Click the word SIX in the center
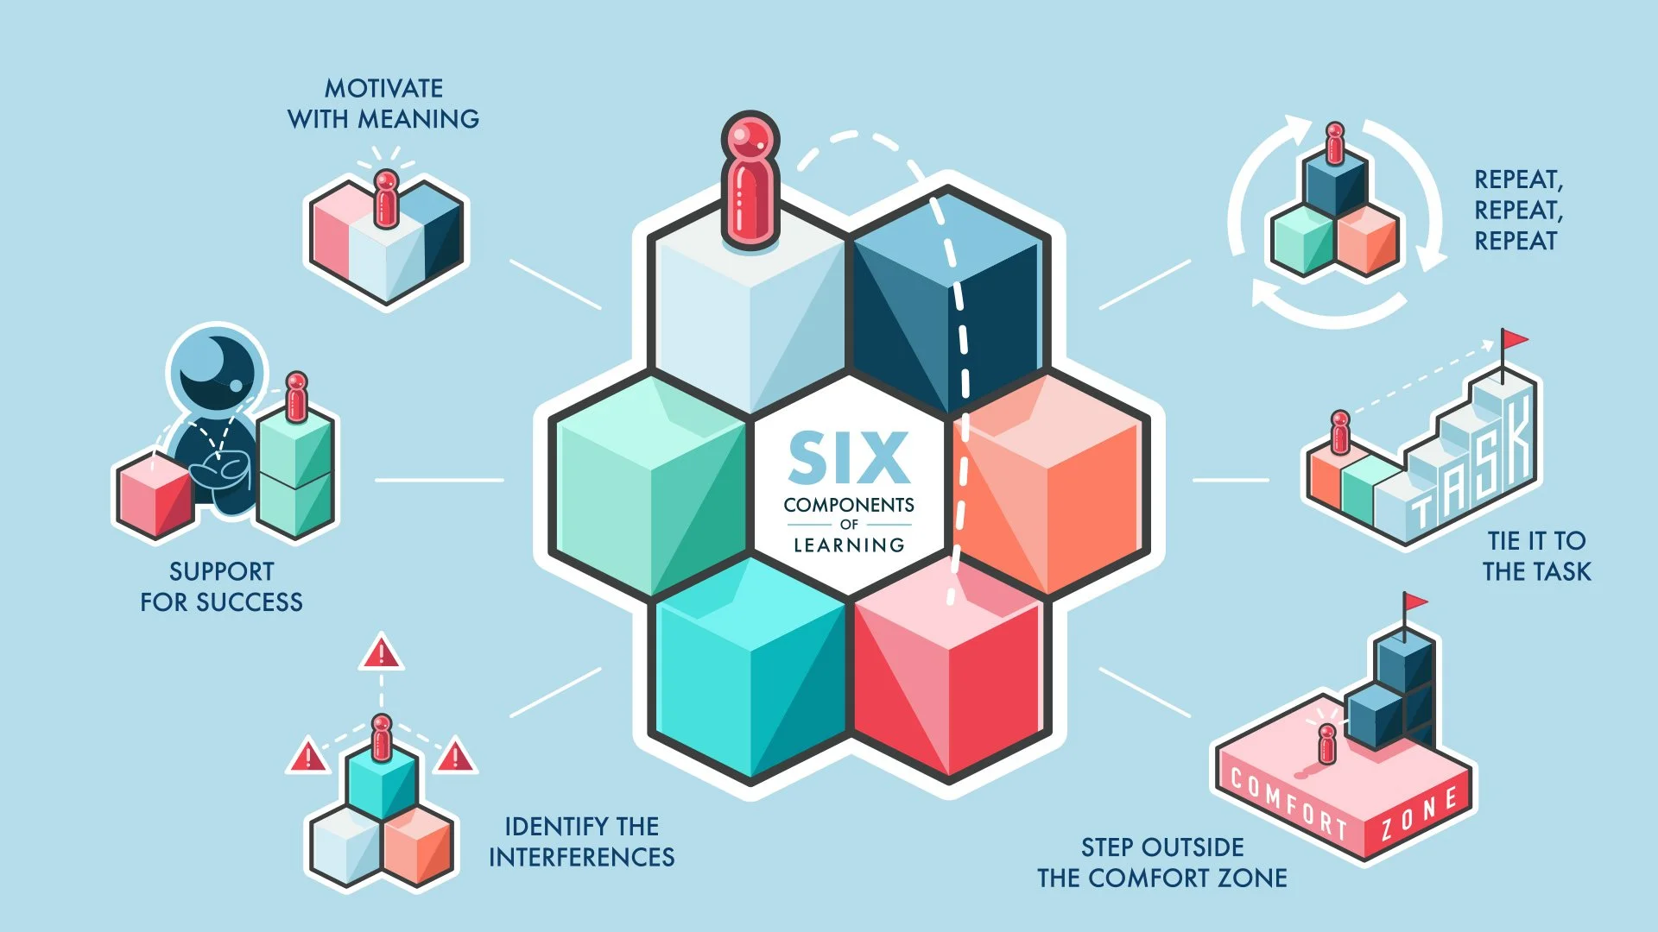click(x=849, y=457)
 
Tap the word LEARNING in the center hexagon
click(x=849, y=545)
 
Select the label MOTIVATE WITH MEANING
click(x=383, y=104)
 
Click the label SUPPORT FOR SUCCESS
click(x=222, y=587)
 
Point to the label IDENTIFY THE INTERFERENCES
click(x=581, y=841)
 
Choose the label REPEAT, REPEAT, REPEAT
click(x=1518, y=210)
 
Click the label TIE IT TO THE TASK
click(x=1536, y=556)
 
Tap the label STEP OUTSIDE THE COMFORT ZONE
click(x=1162, y=862)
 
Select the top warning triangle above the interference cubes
click(x=381, y=653)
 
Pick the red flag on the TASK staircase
click(x=1513, y=339)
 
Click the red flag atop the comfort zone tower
click(x=1414, y=602)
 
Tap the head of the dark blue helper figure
click(x=216, y=367)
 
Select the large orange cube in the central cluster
click(x=1049, y=488)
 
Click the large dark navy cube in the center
click(x=947, y=298)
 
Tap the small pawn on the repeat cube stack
click(x=1335, y=143)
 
